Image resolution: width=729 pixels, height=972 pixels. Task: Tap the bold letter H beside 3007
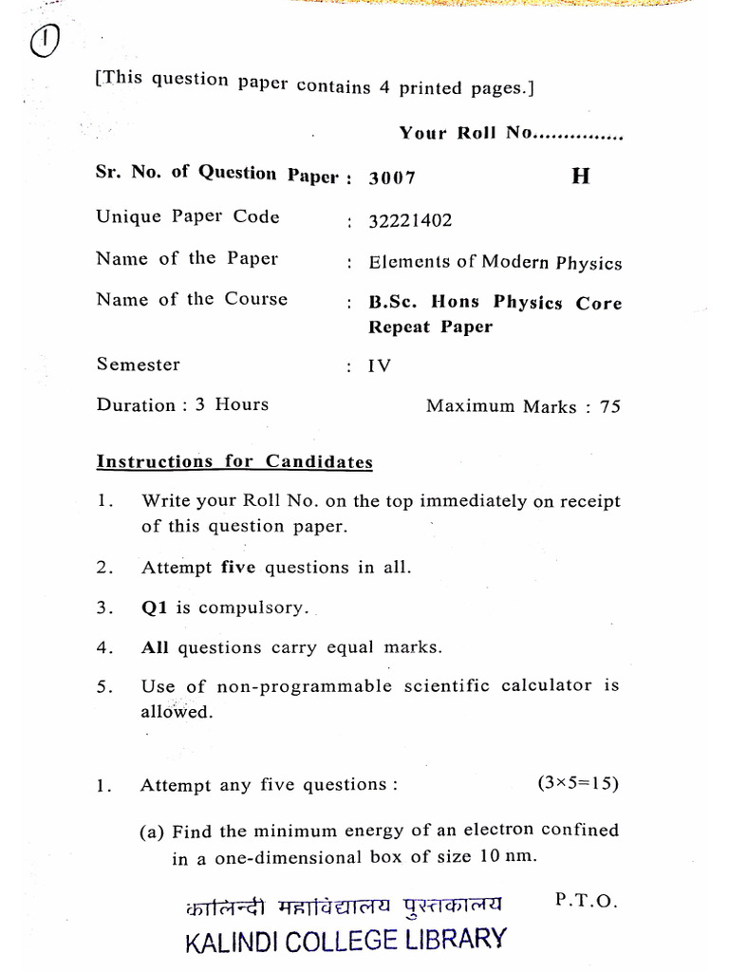(x=580, y=178)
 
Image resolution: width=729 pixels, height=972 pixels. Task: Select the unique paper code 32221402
(x=410, y=221)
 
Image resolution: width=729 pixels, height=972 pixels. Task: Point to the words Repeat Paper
(x=431, y=327)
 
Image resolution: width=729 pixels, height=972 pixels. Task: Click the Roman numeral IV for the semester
(x=380, y=365)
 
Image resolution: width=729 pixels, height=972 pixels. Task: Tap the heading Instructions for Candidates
(x=234, y=462)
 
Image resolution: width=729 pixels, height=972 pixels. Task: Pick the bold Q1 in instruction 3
(x=154, y=607)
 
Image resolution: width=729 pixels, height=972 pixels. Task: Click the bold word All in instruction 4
(x=155, y=647)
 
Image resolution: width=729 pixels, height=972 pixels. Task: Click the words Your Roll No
(x=465, y=133)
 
